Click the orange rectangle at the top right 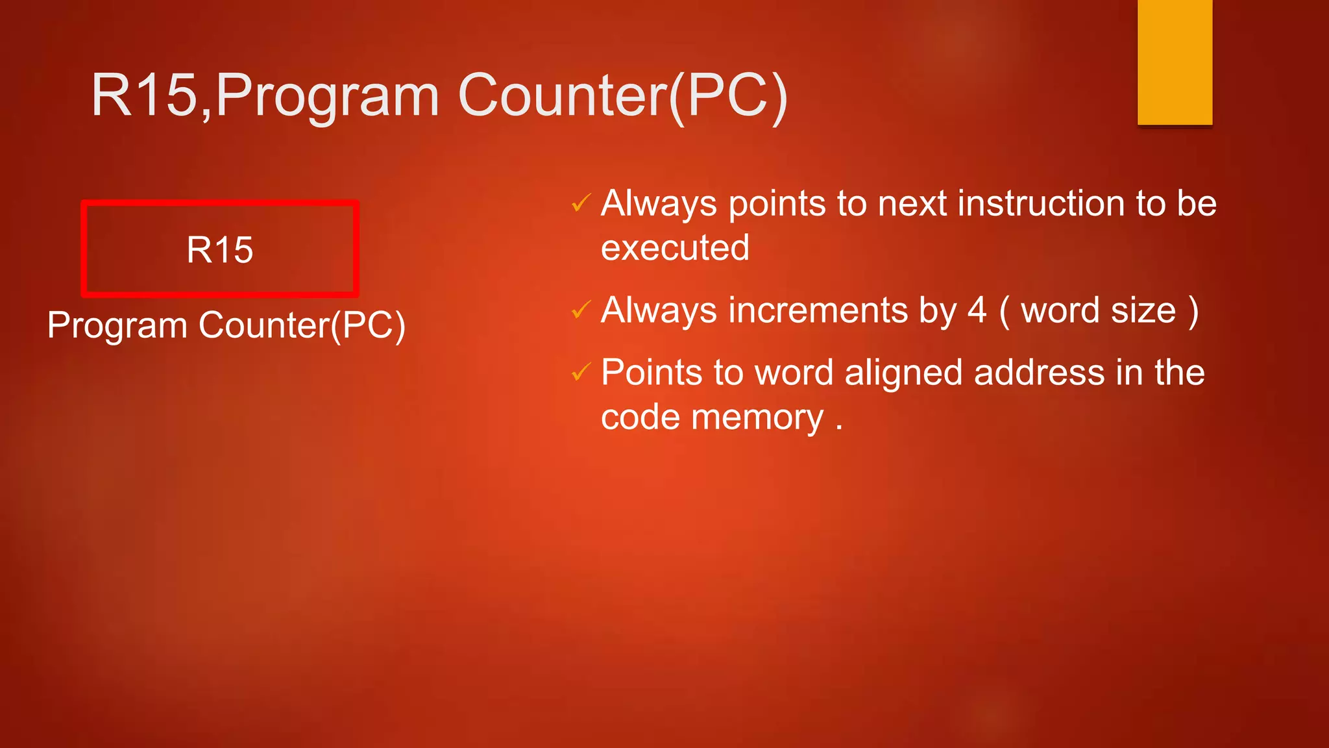point(1175,62)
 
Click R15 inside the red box point(219,250)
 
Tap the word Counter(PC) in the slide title point(623,96)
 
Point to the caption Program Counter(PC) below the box point(226,325)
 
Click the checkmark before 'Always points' point(581,204)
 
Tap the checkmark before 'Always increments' point(581,310)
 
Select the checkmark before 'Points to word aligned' point(581,373)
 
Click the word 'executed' point(675,248)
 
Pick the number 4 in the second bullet point(977,310)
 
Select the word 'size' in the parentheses point(1143,310)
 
